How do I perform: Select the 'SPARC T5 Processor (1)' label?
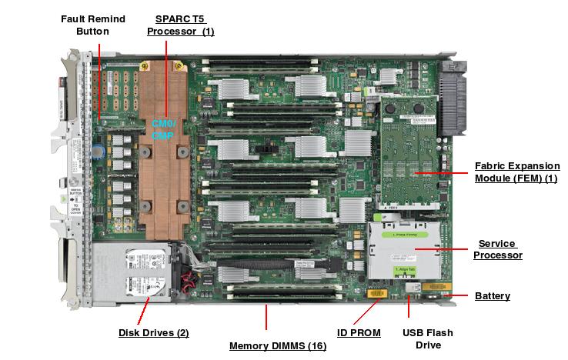[180, 24]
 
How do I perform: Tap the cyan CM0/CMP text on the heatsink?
[163, 129]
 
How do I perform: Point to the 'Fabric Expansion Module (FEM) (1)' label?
[516, 172]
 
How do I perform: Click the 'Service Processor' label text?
[497, 249]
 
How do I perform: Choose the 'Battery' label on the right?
[492, 296]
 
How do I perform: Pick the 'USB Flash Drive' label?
[428, 338]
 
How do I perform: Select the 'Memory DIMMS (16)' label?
[278, 346]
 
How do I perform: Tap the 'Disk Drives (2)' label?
[153, 333]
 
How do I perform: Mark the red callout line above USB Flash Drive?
[408, 307]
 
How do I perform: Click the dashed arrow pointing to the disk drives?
[145, 309]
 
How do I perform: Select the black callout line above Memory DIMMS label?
[267, 317]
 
